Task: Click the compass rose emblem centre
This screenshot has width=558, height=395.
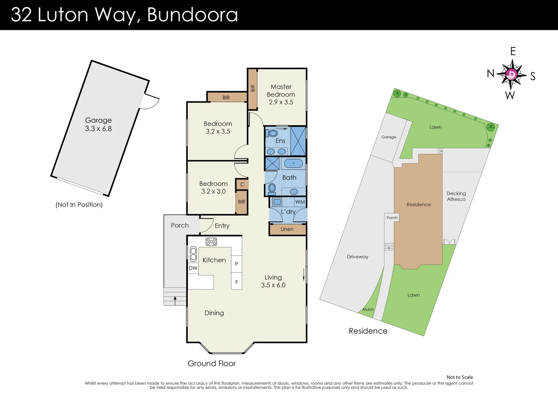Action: click(x=512, y=75)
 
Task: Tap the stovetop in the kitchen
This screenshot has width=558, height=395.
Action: click(x=211, y=241)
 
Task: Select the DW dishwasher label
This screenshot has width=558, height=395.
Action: click(x=193, y=268)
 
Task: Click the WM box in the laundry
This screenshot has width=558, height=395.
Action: click(x=300, y=202)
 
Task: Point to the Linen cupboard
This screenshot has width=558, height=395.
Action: click(x=287, y=229)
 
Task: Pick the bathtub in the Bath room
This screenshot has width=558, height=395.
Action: click(x=293, y=163)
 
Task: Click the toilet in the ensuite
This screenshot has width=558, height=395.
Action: click(x=272, y=133)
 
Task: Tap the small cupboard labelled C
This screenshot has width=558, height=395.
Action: click(x=242, y=184)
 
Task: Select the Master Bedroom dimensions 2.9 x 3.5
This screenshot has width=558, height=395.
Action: click(x=281, y=102)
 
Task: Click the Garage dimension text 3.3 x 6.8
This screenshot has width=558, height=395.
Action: click(x=98, y=129)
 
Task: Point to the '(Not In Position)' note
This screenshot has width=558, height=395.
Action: click(x=79, y=205)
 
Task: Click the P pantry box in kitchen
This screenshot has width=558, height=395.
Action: click(x=237, y=264)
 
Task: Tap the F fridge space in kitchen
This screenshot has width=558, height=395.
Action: click(x=237, y=282)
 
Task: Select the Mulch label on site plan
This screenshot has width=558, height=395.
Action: click(x=368, y=309)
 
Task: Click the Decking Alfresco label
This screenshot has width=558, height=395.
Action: click(x=456, y=196)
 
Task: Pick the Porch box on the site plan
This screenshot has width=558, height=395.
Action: click(x=392, y=218)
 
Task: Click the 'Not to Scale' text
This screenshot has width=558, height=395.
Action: click(x=459, y=377)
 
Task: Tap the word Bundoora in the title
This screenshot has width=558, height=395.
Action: click(x=192, y=15)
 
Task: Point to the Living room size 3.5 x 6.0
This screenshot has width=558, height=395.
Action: click(x=273, y=285)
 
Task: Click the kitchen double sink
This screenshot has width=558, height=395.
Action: click(x=193, y=254)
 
